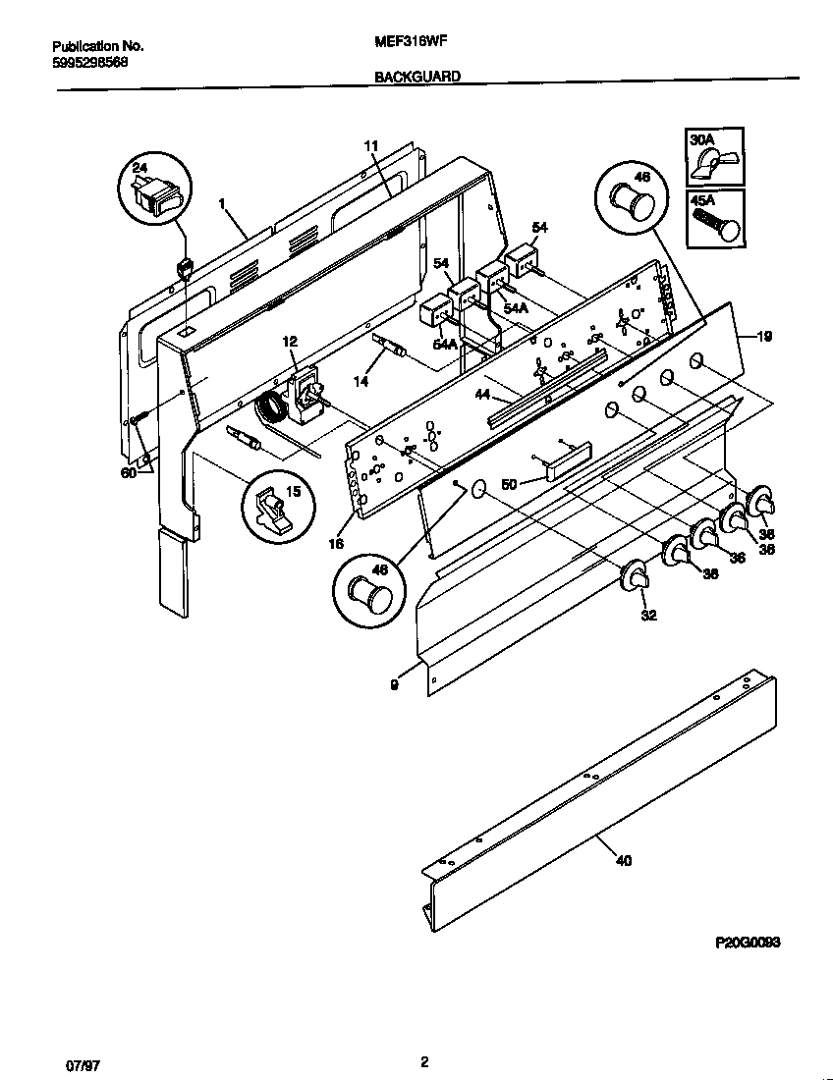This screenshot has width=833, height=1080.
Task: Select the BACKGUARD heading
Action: click(x=417, y=76)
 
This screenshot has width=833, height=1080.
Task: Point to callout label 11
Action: click(x=370, y=146)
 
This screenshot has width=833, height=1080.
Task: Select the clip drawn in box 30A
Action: click(x=714, y=163)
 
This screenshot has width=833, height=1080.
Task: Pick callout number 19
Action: click(x=764, y=336)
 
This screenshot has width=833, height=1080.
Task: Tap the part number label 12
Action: click(x=289, y=341)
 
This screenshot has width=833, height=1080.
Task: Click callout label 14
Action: click(x=361, y=381)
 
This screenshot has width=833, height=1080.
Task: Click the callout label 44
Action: click(x=481, y=395)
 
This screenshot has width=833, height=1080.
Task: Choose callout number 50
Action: click(x=509, y=484)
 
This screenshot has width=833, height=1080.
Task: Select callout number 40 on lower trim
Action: click(x=624, y=861)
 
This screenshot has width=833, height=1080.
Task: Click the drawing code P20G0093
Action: click(x=748, y=942)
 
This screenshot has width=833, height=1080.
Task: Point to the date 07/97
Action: click(x=66, y=1063)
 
